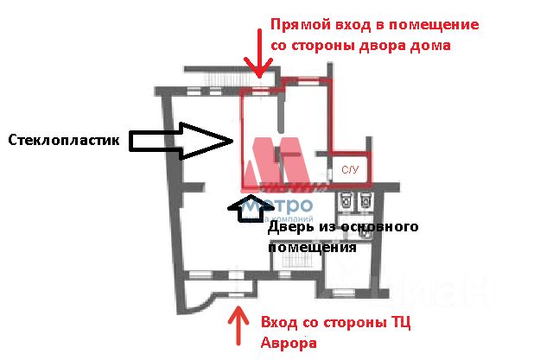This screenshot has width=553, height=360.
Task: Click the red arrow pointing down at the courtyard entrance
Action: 258,54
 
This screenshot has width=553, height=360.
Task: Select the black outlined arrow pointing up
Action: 245,208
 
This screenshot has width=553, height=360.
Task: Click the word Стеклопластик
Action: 64,140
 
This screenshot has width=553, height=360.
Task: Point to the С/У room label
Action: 350,171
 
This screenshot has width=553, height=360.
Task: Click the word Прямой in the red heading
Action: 298,24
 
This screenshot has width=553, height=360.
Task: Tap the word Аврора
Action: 288,343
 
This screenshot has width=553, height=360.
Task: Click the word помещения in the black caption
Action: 311,247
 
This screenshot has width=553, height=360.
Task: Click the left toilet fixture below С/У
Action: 345,201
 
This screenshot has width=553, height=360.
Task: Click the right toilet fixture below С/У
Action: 364,201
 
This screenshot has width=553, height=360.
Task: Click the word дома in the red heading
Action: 433,45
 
